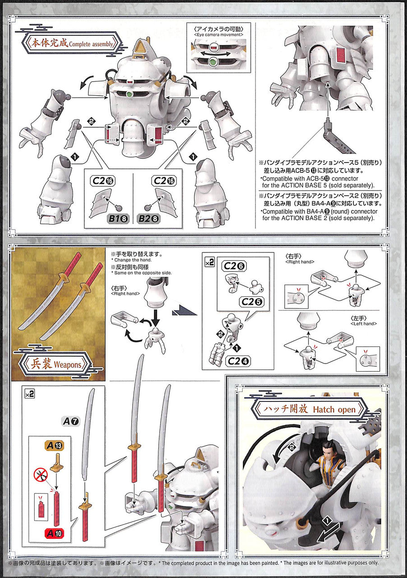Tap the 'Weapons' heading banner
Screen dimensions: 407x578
55,364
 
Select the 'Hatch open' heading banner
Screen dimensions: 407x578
309,409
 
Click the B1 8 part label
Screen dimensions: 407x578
118,219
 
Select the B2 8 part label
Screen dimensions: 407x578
149,219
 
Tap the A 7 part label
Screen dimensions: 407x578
71,421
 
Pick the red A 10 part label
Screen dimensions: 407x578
54,533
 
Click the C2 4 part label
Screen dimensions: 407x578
238,361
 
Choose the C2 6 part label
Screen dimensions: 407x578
234,266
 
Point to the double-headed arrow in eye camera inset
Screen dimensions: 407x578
216,54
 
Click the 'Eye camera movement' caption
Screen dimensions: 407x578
218,35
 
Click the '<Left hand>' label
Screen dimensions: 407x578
363,324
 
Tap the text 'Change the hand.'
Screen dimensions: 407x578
131,260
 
